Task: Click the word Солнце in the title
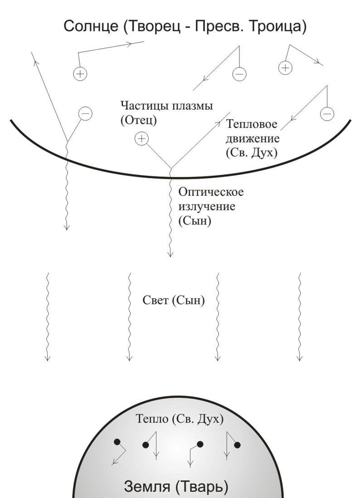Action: coord(91,26)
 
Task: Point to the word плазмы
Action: coord(192,106)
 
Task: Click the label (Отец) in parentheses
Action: coord(139,120)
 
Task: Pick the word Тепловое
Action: coord(252,124)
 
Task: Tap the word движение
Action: coord(253,139)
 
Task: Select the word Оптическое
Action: coord(211,192)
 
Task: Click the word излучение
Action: coord(207,206)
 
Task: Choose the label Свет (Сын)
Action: coord(174,300)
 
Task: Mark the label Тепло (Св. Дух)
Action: coord(180,419)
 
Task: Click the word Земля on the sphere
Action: coord(146,486)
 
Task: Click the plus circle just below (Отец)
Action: coord(141,138)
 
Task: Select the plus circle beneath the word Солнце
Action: coord(80,73)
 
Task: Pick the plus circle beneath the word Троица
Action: coord(285,68)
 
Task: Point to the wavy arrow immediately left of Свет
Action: coord(129,317)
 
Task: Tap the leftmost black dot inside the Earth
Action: coord(117,441)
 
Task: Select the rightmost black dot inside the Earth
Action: coord(237,445)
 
